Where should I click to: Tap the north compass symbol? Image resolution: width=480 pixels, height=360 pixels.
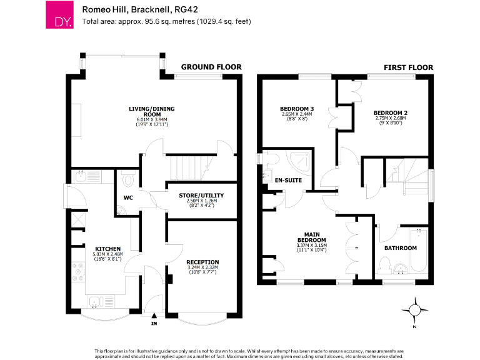414,309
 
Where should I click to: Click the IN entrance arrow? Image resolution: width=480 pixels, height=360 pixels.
154,316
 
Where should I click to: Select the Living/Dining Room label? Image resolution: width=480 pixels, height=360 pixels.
151,112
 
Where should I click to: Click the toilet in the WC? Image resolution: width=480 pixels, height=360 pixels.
128,181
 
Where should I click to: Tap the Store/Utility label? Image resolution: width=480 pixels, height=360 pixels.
201,196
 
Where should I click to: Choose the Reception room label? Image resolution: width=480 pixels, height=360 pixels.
202,262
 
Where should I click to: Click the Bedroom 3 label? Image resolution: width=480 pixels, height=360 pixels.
297,109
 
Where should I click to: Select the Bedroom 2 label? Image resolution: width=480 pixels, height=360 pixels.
391,113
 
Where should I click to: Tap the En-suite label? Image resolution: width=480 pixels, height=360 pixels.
289,180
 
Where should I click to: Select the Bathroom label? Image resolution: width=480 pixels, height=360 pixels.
401,247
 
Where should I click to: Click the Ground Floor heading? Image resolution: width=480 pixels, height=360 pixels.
211,67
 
